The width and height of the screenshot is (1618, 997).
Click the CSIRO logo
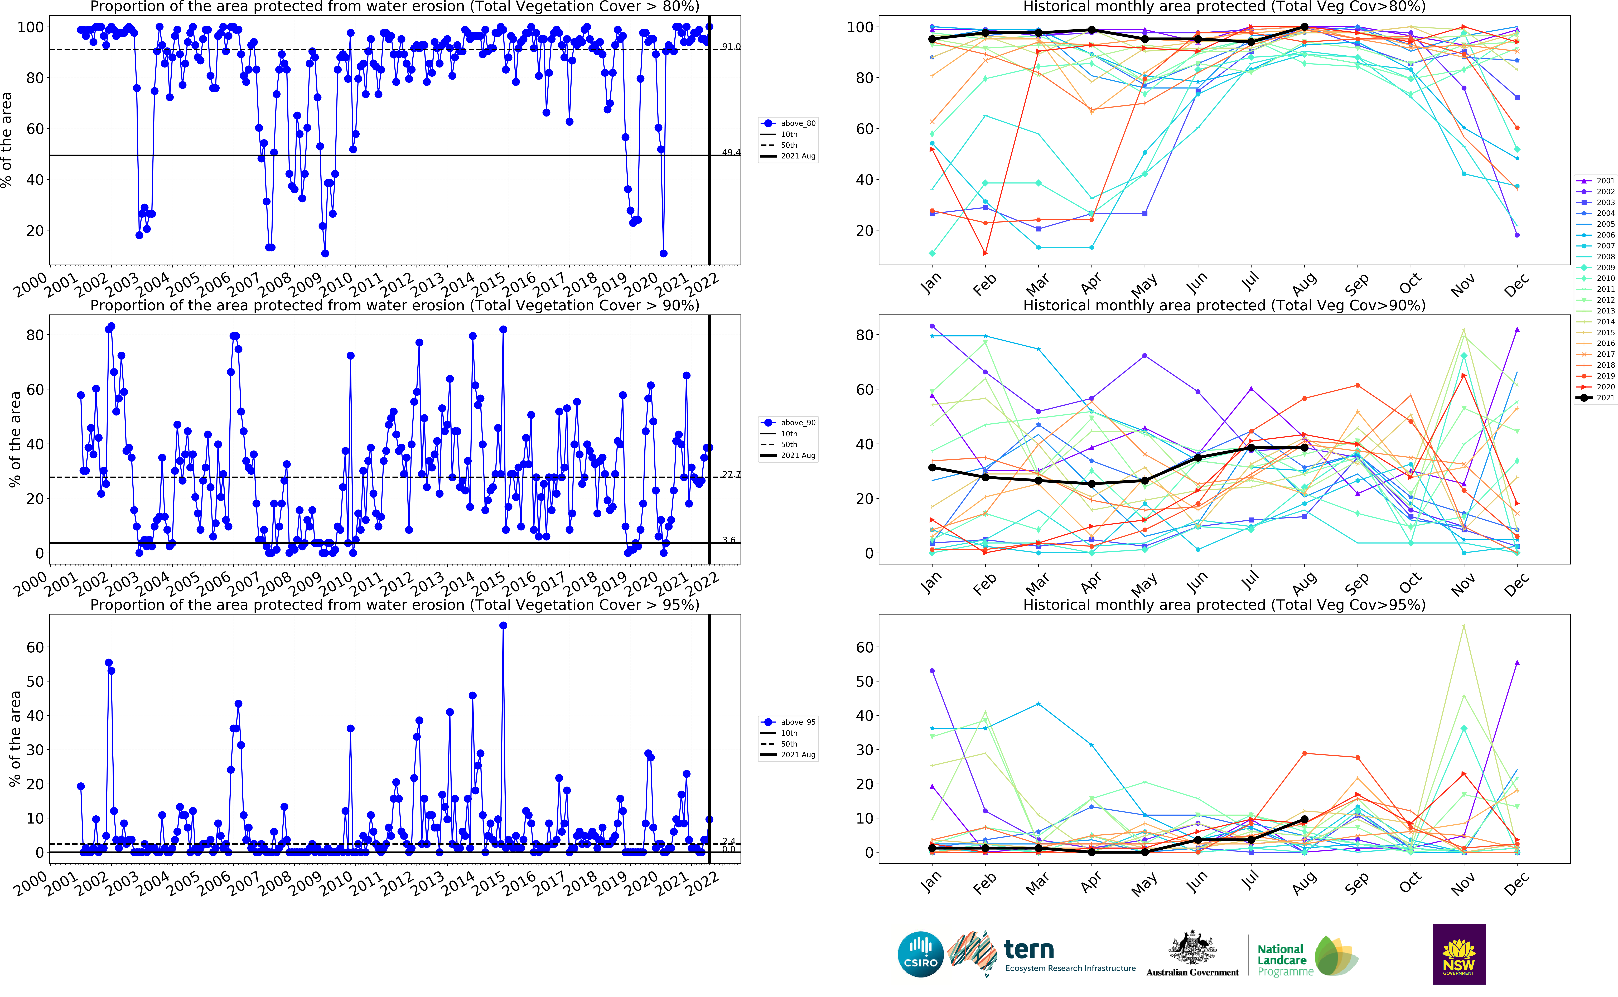(920, 954)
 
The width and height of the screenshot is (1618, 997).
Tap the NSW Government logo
(1458, 954)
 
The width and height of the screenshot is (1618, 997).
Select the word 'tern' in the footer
(1028, 950)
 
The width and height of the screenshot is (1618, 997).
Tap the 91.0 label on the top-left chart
(731, 47)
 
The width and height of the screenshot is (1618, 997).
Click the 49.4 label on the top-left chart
(731, 152)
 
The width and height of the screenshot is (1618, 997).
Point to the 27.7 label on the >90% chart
(731, 474)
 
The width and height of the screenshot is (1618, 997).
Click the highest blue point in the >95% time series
(503, 625)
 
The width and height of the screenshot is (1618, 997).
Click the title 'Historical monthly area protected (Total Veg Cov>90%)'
(1224, 305)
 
